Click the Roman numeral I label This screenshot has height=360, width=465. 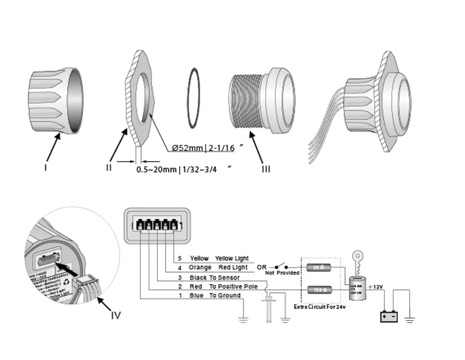46,167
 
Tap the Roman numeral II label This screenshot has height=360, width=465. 109,167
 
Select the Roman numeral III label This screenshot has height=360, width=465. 266,169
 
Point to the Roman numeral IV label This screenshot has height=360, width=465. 116,316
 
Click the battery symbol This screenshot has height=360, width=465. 389,317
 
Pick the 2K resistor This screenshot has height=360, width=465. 319,267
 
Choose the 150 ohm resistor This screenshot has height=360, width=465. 319,290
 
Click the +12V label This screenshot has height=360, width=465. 375,287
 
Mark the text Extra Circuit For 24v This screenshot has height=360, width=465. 319,307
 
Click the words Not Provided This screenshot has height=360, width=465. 282,273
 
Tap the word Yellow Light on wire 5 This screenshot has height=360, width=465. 232,258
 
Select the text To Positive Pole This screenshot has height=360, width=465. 233,286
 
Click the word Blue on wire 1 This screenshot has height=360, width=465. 196,295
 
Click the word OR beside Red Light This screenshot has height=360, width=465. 262,267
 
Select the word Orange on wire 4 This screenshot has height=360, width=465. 200,267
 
